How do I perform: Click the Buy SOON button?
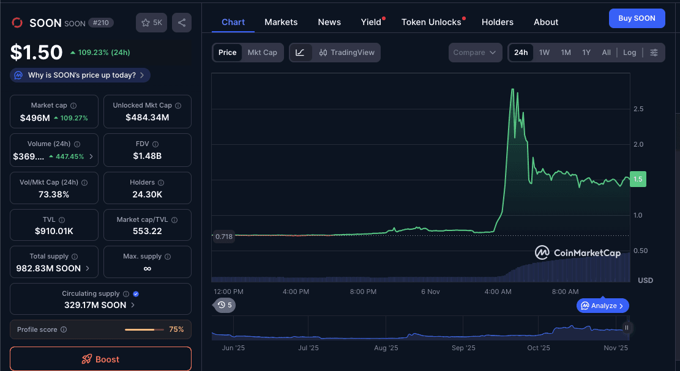coord(637,18)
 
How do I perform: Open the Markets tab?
coord(281,22)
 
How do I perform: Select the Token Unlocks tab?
coord(431,22)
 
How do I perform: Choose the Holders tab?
coord(498,22)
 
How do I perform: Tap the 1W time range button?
coord(544,53)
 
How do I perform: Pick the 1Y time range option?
coord(586,53)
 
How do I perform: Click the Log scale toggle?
coord(630,53)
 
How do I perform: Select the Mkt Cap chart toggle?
coord(262,53)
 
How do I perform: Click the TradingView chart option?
coord(346,53)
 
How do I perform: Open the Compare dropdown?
coord(475,53)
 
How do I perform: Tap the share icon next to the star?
coord(182,23)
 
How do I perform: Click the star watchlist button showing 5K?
coord(151,23)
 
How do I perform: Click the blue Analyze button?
coord(603,306)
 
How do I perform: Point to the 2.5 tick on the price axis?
coord(638,109)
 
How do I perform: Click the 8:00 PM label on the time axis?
coord(363,292)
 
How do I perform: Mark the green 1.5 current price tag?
coord(638,180)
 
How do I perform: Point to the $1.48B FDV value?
coord(148,156)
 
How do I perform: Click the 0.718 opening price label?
coord(224,237)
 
